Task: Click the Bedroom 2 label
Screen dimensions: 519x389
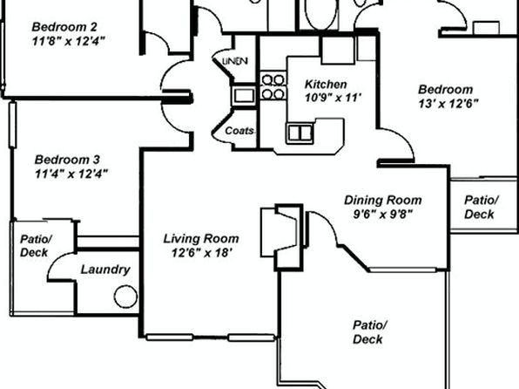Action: point(64,27)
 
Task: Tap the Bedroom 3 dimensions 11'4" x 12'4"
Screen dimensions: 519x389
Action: point(71,174)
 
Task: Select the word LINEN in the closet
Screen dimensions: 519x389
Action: point(235,61)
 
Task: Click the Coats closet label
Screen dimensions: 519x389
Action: point(239,131)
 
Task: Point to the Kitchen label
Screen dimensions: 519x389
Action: point(326,85)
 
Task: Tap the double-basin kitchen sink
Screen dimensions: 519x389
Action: point(300,133)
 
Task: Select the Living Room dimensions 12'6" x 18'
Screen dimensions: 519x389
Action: point(201,253)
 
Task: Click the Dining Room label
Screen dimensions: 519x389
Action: point(383,200)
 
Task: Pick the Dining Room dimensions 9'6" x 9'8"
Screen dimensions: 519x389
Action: point(383,215)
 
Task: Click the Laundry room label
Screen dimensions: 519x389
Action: point(105,270)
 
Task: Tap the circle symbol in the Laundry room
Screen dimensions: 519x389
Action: point(125,297)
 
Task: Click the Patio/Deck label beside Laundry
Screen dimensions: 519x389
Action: point(36,245)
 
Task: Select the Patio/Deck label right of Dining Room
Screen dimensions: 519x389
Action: point(482,207)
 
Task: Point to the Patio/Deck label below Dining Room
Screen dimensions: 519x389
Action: point(369,332)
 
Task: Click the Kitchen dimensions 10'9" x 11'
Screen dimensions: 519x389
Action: point(333,99)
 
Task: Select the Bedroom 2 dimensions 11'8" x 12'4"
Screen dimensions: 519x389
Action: point(69,41)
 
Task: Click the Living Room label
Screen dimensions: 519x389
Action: point(201,239)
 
